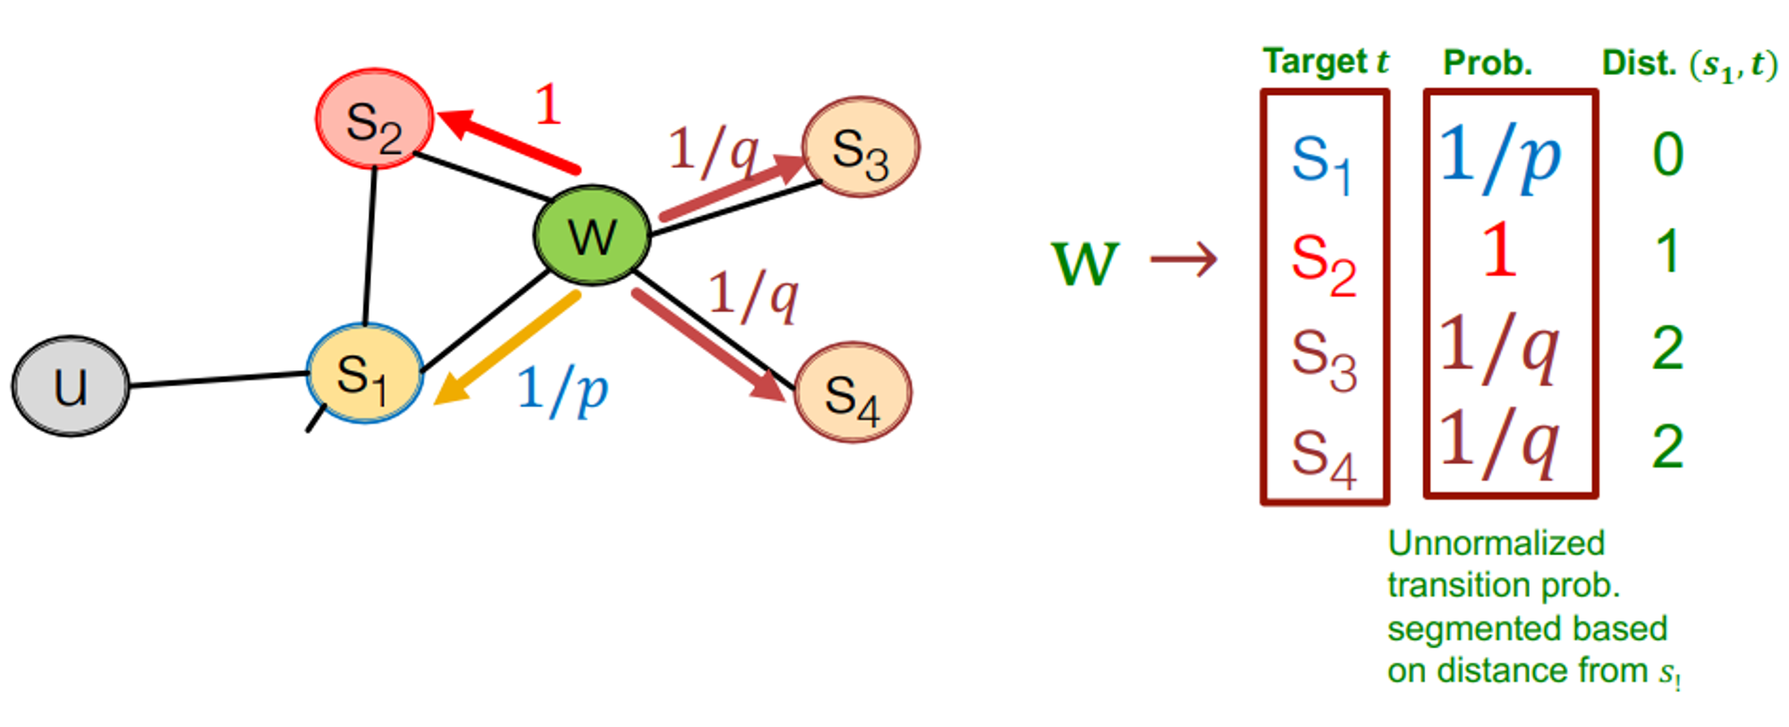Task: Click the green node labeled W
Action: click(x=591, y=235)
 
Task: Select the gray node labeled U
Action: click(x=71, y=386)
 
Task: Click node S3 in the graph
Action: click(x=861, y=148)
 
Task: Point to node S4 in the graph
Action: click(x=852, y=393)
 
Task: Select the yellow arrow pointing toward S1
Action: click(x=505, y=349)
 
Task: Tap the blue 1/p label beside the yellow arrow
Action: click(x=563, y=391)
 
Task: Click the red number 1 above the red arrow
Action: click(x=547, y=105)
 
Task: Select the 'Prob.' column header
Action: click(x=1488, y=63)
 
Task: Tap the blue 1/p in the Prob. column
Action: click(x=1500, y=157)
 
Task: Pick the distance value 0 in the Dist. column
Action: click(x=1667, y=155)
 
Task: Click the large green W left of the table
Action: click(x=1085, y=263)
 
